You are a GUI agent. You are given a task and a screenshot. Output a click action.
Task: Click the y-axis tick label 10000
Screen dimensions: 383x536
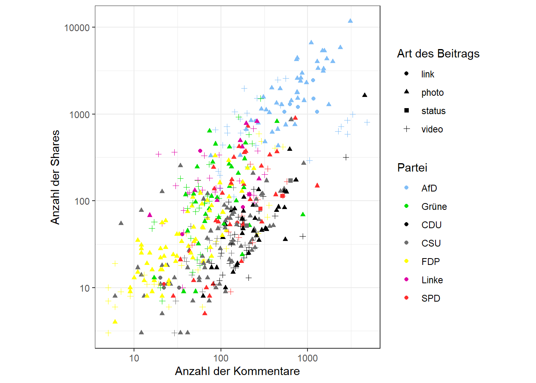point(77,28)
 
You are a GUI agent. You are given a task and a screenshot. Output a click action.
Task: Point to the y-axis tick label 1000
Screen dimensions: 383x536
point(79,115)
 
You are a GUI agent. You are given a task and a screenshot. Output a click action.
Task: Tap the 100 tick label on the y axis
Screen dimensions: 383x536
point(82,201)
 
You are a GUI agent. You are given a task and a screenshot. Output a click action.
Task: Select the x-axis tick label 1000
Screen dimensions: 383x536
point(307,358)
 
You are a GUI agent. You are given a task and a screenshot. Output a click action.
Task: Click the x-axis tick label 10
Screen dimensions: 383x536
point(134,358)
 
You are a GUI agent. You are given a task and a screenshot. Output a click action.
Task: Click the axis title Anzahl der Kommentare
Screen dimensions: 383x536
point(237,371)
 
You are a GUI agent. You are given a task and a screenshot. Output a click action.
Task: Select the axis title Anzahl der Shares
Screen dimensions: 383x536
point(55,177)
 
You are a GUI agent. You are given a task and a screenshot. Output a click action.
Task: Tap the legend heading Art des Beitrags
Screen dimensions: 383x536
point(438,53)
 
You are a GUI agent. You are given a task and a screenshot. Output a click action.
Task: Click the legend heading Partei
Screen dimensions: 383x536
point(412,168)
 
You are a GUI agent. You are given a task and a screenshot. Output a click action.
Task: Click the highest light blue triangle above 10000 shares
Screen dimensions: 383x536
point(350,21)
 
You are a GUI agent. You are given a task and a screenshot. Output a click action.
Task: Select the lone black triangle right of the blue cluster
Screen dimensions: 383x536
point(365,95)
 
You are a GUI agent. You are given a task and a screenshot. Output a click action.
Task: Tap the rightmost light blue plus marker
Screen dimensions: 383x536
point(367,122)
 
